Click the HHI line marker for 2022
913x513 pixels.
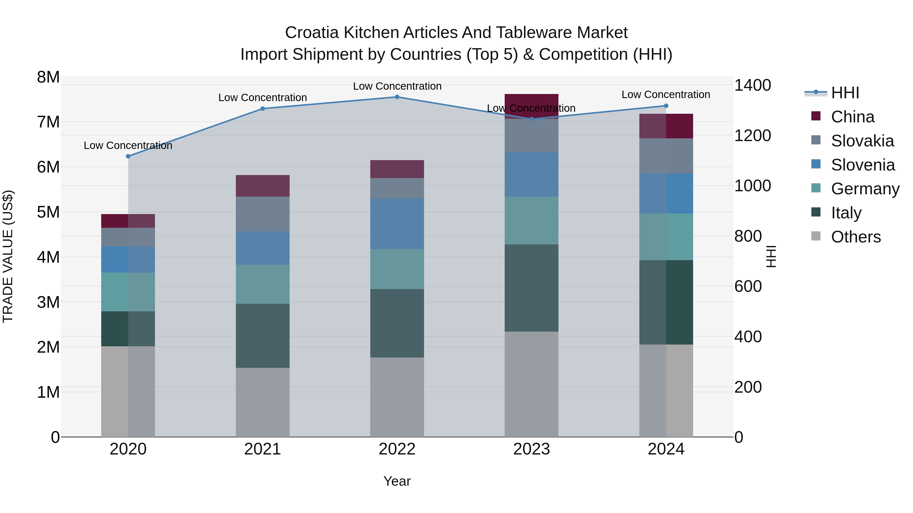pyautogui.click(x=397, y=97)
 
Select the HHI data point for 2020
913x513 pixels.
pyautogui.click(x=128, y=156)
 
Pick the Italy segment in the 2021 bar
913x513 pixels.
pyautogui.click(x=263, y=336)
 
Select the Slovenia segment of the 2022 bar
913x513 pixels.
pyautogui.click(x=397, y=224)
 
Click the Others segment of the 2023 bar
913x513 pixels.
pyautogui.click(x=531, y=384)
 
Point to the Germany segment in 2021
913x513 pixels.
pyautogui.click(x=263, y=284)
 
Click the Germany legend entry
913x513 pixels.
pyautogui.click(x=865, y=189)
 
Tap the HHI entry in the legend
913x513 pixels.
pyautogui.click(x=845, y=93)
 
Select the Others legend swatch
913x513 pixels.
pyautogui.click(x=816, y=236)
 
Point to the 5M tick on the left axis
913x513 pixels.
pyautogui.click(x=48, y=213)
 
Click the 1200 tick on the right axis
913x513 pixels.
pyautogui.click(x=752, y=136)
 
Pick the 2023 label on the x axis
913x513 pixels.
pyautogui.click(x=531, y=449)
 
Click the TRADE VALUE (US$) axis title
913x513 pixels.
pyautogui.click(x=8, y=256)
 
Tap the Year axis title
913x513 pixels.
pyautogui.click(x=397, y=481)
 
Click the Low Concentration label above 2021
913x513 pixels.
pyautogui.click(x=263, y=98)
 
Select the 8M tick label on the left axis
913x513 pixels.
pyautogui.click(x=48, y=77)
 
